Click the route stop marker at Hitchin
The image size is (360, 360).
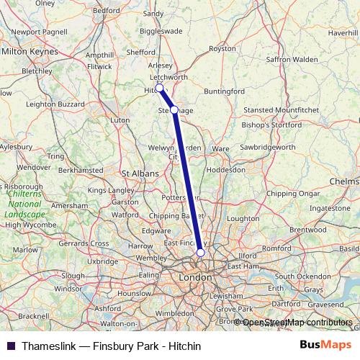click(x=159, y=89)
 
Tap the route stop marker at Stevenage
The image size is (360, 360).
click(x=174, y=109)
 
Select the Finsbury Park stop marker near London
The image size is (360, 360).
click(x=200, y=253)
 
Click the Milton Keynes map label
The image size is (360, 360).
click(x=29, y=52)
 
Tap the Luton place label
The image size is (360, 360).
click(x=120, y=120)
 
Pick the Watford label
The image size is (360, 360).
click(x=126, y=214)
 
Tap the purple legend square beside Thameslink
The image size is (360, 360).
click(x=11, y=346)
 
